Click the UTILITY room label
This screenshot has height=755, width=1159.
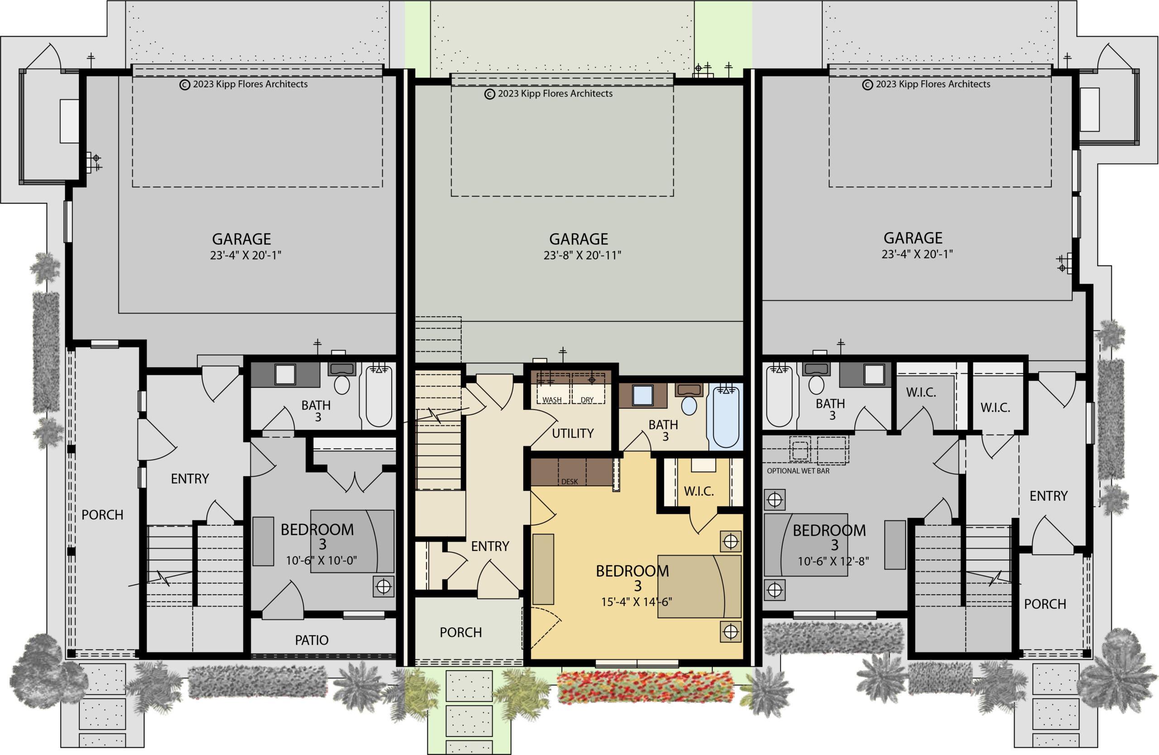tap(573, 433)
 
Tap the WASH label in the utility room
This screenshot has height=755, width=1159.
tap(552, 400)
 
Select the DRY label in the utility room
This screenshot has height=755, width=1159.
tap(587, 400)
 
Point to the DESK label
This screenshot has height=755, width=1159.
tap(569, 482)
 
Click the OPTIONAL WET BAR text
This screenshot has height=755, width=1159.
tap(798, 471)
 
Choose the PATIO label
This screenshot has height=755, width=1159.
tap(311, 640)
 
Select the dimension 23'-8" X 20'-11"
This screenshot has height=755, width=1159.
tap(582, 255)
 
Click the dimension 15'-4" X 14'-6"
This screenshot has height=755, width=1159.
tap(637, 602)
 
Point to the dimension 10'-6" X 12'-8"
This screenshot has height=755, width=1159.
tap(833, 561)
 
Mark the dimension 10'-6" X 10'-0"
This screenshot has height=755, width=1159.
tap(321, 561)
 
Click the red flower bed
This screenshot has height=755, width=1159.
tap(645, 687)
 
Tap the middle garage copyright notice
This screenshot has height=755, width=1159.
tap(548, 94)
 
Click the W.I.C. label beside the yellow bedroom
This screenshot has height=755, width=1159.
tap(699, 491)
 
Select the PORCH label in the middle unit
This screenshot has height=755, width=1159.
tap(461, 633)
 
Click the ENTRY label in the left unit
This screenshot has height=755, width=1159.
tap(190, 479)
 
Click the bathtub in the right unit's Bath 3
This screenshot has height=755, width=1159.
tap(779, 396)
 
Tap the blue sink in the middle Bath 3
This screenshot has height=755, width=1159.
tap(642, 395)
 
